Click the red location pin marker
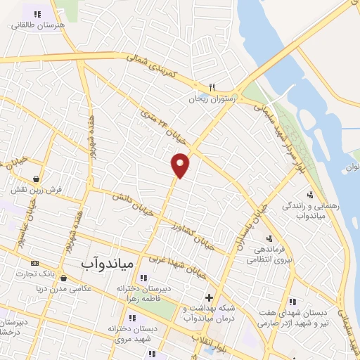(x=181, y=165)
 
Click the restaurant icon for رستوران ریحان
(x=210, y=87)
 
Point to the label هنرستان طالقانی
(x=38, y=24)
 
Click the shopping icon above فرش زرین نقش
(x=35, y=177)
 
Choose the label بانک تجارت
(x=56, y=272)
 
